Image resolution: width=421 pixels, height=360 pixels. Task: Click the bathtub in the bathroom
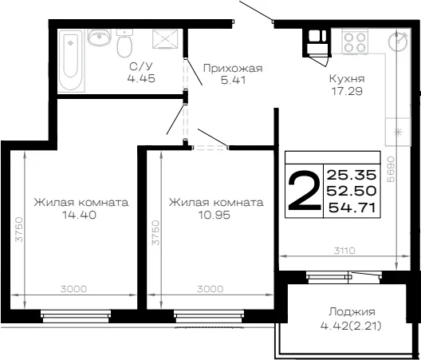click(x=71, y=61)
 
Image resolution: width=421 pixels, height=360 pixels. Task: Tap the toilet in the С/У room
click(x=124, y=43)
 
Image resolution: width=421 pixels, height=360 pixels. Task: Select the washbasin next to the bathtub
click(x=100, y=37)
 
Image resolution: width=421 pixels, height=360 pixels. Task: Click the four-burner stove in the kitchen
click(x=355, y=42)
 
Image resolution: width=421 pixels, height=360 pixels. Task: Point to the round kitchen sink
click(x=398, y=42)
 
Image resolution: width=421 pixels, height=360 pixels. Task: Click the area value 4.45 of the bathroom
click(x=141, y=78)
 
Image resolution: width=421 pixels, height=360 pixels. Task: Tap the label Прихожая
click(x=233, y=69)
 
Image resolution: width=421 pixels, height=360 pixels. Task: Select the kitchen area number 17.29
click(x=347, y=91)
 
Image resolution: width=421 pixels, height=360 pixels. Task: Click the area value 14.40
click(x=79, y=215)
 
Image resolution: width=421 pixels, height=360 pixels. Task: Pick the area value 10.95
click(x=214, y=215)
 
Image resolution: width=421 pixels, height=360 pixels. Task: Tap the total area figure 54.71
click(x=352, y=208)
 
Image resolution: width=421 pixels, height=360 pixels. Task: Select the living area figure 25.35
click(x=352, y=175)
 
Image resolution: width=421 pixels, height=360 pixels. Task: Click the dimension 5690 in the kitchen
click(x=391, y=169)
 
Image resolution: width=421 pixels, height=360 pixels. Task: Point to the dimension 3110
click(x=344, y=251)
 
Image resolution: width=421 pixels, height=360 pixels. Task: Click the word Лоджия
click(x=352, y=312)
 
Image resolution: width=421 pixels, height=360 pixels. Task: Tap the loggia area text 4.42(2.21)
click(x=351, y=326)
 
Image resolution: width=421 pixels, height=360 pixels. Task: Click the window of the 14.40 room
click(x=76, y=316)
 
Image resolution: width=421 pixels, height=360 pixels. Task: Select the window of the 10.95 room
click(x=209, y=316)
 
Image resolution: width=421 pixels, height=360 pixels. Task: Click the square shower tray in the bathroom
click(x=165, y=39)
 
